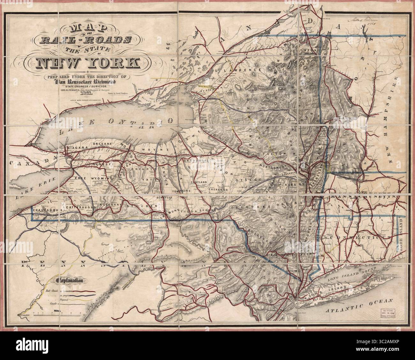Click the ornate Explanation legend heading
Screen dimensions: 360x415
69,281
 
